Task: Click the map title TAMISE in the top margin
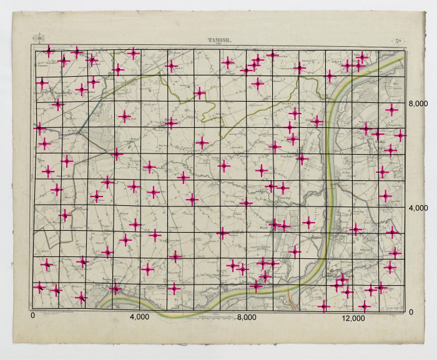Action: (219, 41)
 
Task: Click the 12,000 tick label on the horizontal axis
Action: (354, 318)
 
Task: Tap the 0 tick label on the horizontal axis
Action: (32, 316)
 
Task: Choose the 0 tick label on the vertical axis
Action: (411, 312)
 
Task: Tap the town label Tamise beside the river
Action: (100, 282)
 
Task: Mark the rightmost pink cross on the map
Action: (400, 135)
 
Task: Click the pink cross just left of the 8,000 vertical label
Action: (391, 110)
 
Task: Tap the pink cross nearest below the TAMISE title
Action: (228, 62)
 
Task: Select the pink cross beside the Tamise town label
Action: (114, 288)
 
